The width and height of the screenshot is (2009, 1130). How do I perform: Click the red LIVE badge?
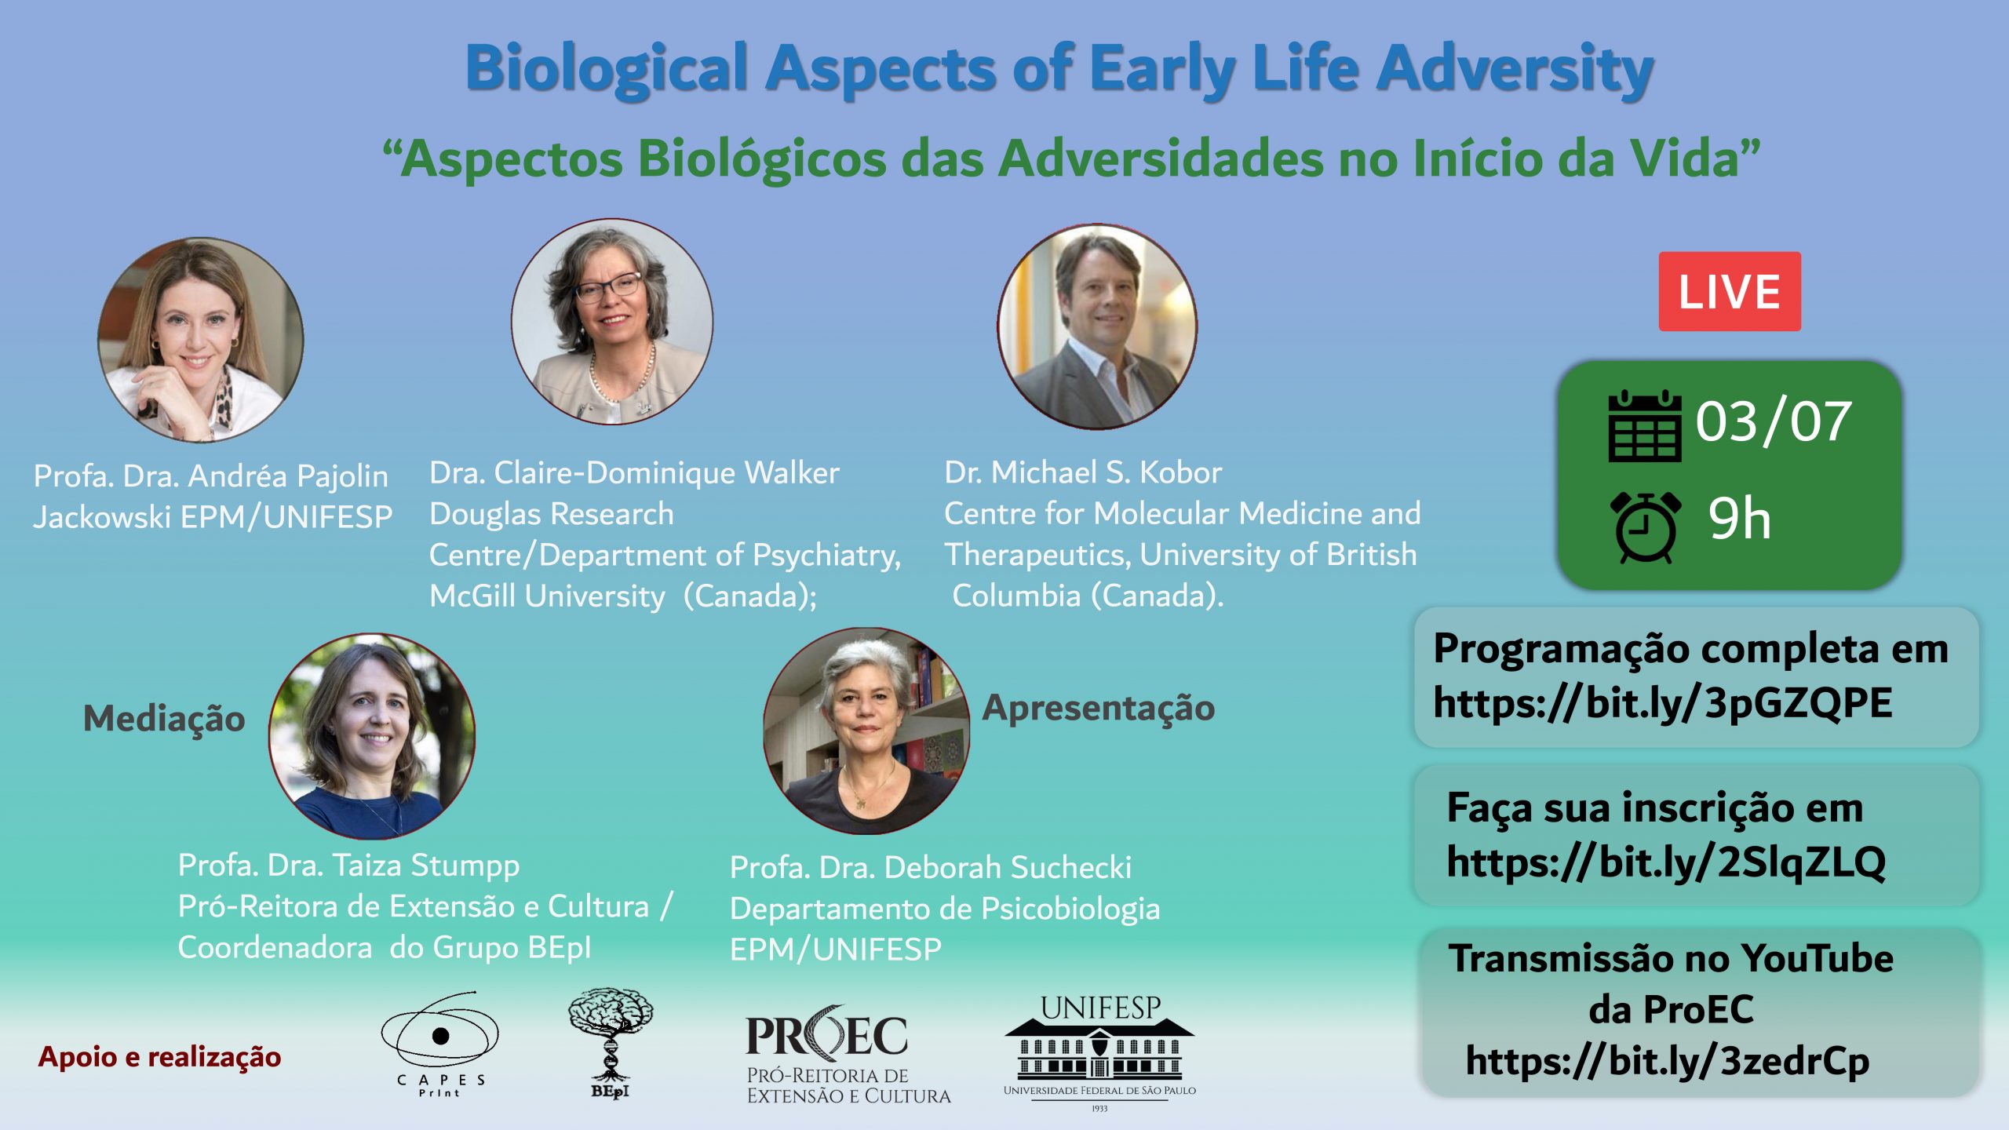point(1730,291)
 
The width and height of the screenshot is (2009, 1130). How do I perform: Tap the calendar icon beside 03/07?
point(1645,426)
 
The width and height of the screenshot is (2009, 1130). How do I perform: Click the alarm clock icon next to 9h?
point(1646,527)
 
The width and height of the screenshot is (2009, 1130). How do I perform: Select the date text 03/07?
point(1774,421)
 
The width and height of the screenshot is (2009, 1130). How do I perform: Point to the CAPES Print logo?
point(440,1044)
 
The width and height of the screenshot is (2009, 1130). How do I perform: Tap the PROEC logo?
point(848,1055)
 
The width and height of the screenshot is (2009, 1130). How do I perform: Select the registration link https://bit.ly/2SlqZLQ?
point(1666,862)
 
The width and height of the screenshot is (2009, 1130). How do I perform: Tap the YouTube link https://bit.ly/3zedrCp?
point(1668,1061)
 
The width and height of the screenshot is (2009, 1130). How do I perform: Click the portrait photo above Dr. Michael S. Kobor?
point(1098,326)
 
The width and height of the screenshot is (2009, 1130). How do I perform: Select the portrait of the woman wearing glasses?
point(612,322)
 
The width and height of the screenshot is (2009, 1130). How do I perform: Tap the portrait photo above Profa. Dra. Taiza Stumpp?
point(372,737)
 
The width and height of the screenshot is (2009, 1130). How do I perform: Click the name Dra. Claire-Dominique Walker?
point(634,473)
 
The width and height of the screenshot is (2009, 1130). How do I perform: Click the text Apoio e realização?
point(159,1058)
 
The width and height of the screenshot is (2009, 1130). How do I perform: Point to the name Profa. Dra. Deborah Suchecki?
point(931,868)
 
